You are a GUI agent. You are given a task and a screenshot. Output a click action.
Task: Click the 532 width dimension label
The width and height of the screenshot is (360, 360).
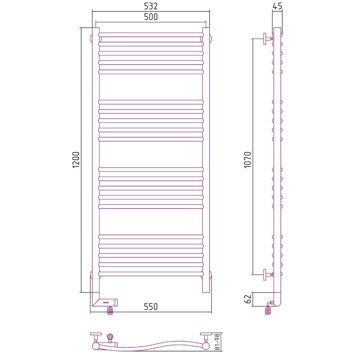click(151, 6)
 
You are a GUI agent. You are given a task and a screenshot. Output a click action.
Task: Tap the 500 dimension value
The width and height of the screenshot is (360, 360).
click(151, 17)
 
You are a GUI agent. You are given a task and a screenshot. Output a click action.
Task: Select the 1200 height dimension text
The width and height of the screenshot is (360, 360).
click(76, 160)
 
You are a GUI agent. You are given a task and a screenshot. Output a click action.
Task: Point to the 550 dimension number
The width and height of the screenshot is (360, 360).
click(151, 307)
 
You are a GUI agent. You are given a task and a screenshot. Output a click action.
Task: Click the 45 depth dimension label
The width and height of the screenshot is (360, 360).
click(277, 6)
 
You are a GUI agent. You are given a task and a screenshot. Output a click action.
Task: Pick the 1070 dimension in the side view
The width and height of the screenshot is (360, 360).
click(248, 160)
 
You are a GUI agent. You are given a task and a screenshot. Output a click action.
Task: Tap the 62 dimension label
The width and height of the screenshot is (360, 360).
click(248, 299)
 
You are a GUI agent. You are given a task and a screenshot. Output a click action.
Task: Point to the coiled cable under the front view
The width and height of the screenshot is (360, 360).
click(110, 310)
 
